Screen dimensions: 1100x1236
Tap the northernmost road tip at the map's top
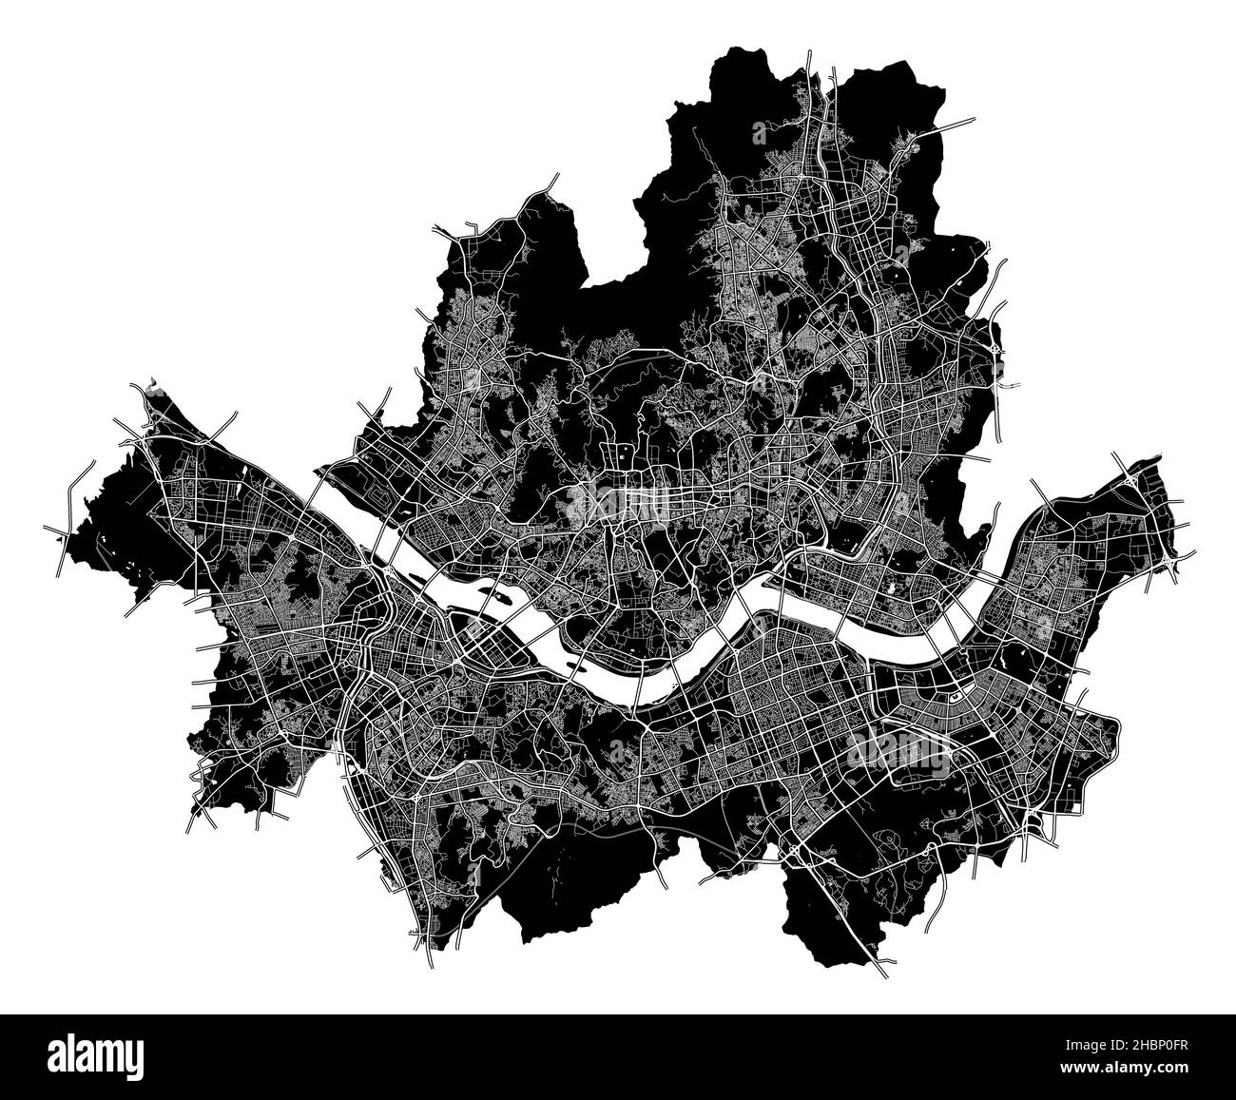tap(810, 54)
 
